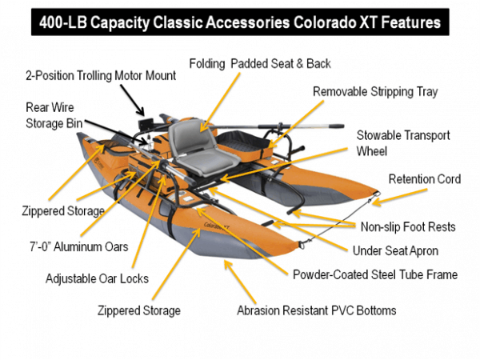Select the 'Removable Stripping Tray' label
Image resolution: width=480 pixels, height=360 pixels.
(x=375, y=92)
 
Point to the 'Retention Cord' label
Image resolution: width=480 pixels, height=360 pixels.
(x=424, y=179)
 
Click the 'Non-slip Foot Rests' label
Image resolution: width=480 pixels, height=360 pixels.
(x=408, y=226)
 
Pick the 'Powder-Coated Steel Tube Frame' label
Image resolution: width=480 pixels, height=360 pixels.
(x=375, y=274)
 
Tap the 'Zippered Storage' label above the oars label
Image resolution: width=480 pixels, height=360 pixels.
(x=63, y=211)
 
